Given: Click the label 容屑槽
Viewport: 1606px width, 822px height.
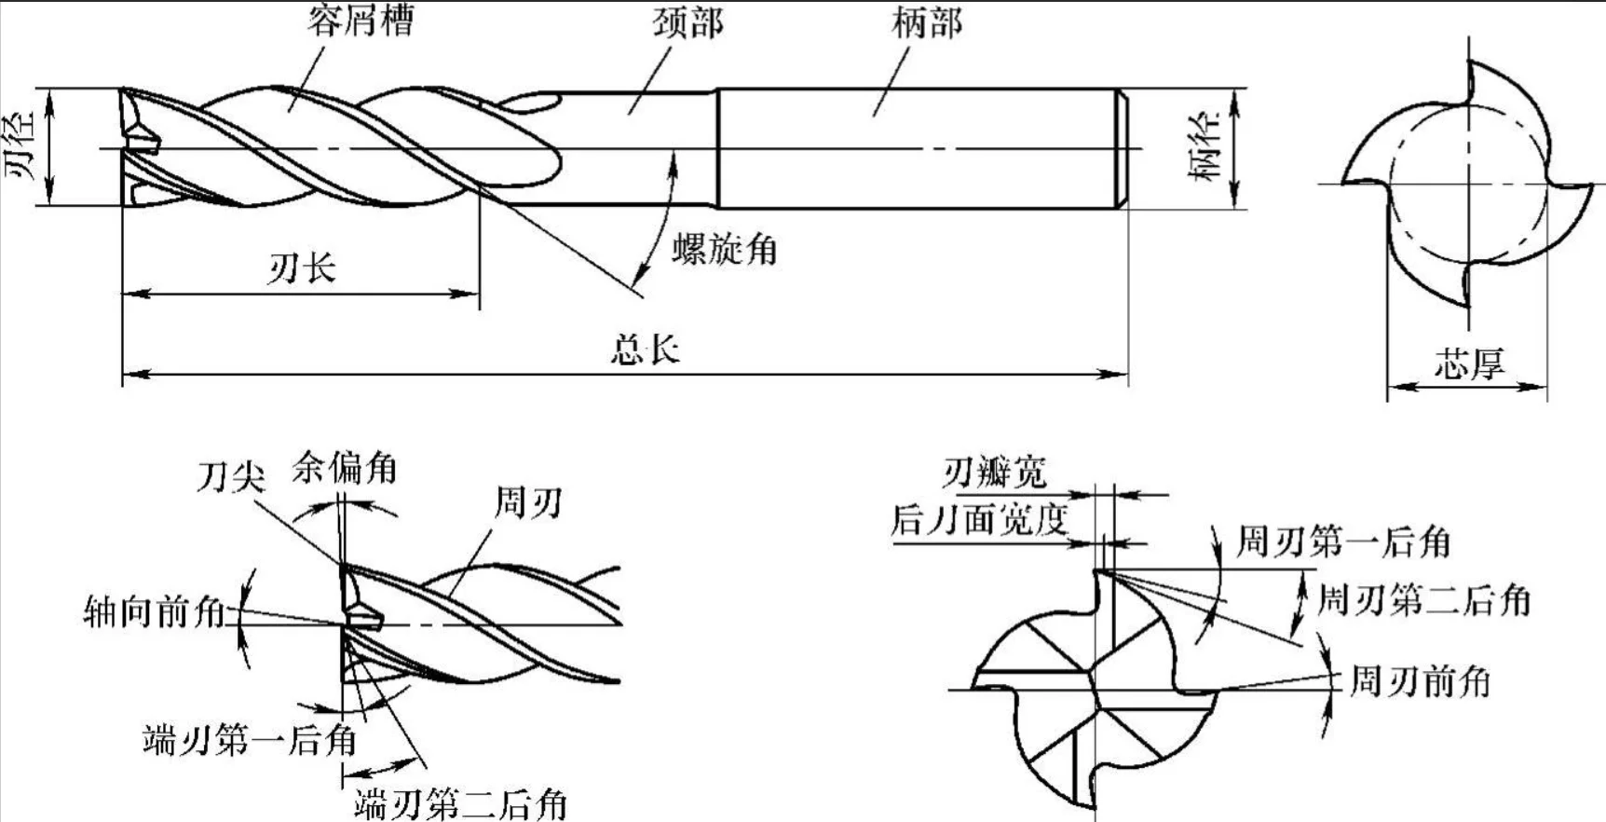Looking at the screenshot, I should pos(361,20).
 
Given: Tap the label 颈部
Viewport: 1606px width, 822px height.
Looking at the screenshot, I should pos(687,23).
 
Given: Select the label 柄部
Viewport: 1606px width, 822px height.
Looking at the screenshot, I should pos(926,22).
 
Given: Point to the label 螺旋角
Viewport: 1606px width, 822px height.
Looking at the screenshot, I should pos(725,249).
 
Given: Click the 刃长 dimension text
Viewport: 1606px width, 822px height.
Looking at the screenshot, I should pos(302,269).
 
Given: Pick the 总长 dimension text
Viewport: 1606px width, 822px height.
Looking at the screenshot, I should pos(646,349).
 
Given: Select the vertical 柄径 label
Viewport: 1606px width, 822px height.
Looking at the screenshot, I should pos(1206,147).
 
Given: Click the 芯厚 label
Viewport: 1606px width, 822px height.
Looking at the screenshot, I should pos(1469,363).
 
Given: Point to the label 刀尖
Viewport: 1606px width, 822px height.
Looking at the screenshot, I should pos(230,477).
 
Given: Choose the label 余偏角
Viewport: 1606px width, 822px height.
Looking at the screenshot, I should pos(345,467).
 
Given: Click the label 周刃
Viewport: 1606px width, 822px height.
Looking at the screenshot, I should pos(527,503).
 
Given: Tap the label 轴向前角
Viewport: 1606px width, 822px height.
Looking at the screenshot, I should pos(155,611).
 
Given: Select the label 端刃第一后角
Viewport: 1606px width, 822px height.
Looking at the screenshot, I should pos(250,740).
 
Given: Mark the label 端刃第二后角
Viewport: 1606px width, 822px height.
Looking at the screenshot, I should pos(460,802).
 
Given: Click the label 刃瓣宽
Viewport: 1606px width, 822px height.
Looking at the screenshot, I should pos(994,473).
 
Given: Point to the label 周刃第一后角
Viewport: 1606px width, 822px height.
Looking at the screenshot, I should pos(1343,541).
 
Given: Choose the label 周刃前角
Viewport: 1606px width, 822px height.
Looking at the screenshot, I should pos(1420,681).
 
